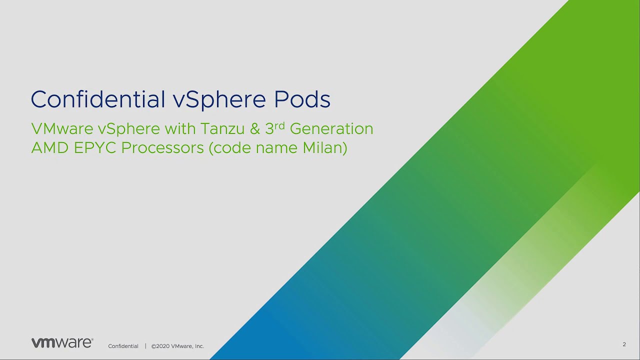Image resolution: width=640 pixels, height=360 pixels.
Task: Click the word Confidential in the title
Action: coord(97,99)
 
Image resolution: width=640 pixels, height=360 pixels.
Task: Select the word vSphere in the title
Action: coord(219,99)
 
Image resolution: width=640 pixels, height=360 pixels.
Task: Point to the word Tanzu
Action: coord(223,129)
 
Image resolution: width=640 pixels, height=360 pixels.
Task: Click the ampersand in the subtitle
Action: coord(255,129)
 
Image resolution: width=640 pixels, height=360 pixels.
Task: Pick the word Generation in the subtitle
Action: coord(331,129)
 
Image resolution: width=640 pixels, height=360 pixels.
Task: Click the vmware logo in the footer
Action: coord(62,343)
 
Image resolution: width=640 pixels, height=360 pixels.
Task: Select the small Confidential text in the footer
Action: coord(123,346)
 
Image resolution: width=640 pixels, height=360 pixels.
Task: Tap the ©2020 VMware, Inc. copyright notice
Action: coord(177,346)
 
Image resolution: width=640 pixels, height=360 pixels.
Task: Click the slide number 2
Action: coord(624,344)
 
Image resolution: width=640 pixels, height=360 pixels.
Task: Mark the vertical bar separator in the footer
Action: coord(145,346)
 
